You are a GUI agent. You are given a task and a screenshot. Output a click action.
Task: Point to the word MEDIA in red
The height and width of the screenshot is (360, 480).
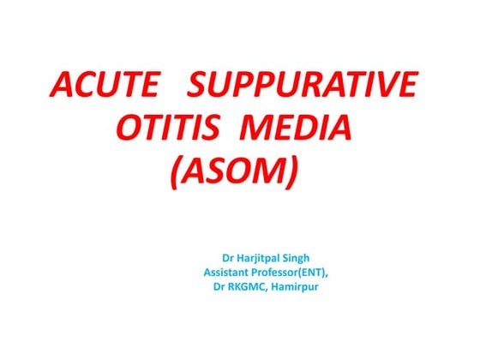[x=297, y=131]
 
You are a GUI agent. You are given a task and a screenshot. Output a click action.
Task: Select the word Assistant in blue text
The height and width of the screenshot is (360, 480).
[x=231, y=271]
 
